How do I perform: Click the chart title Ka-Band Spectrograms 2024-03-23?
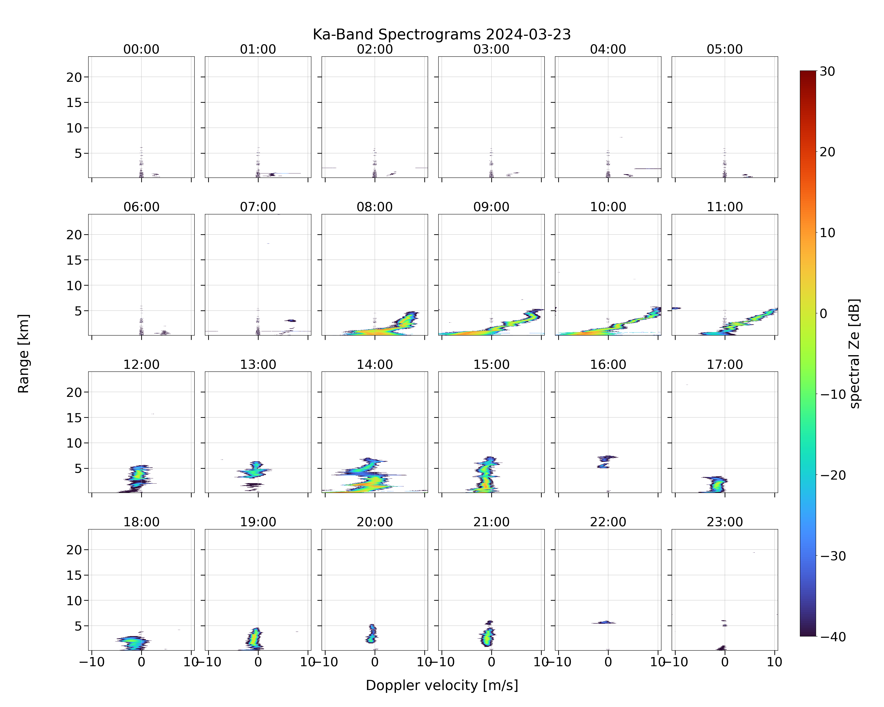pos(442,34)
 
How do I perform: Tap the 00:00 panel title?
pos(141,49)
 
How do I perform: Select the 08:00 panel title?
pos(375,207)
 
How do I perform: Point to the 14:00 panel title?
pos(375,364)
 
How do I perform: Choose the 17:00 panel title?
pos(725,364)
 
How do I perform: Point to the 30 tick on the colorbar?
pos(827,71)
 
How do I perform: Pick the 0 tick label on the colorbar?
pos(824,313)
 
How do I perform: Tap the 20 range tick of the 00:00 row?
pos(75,77)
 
